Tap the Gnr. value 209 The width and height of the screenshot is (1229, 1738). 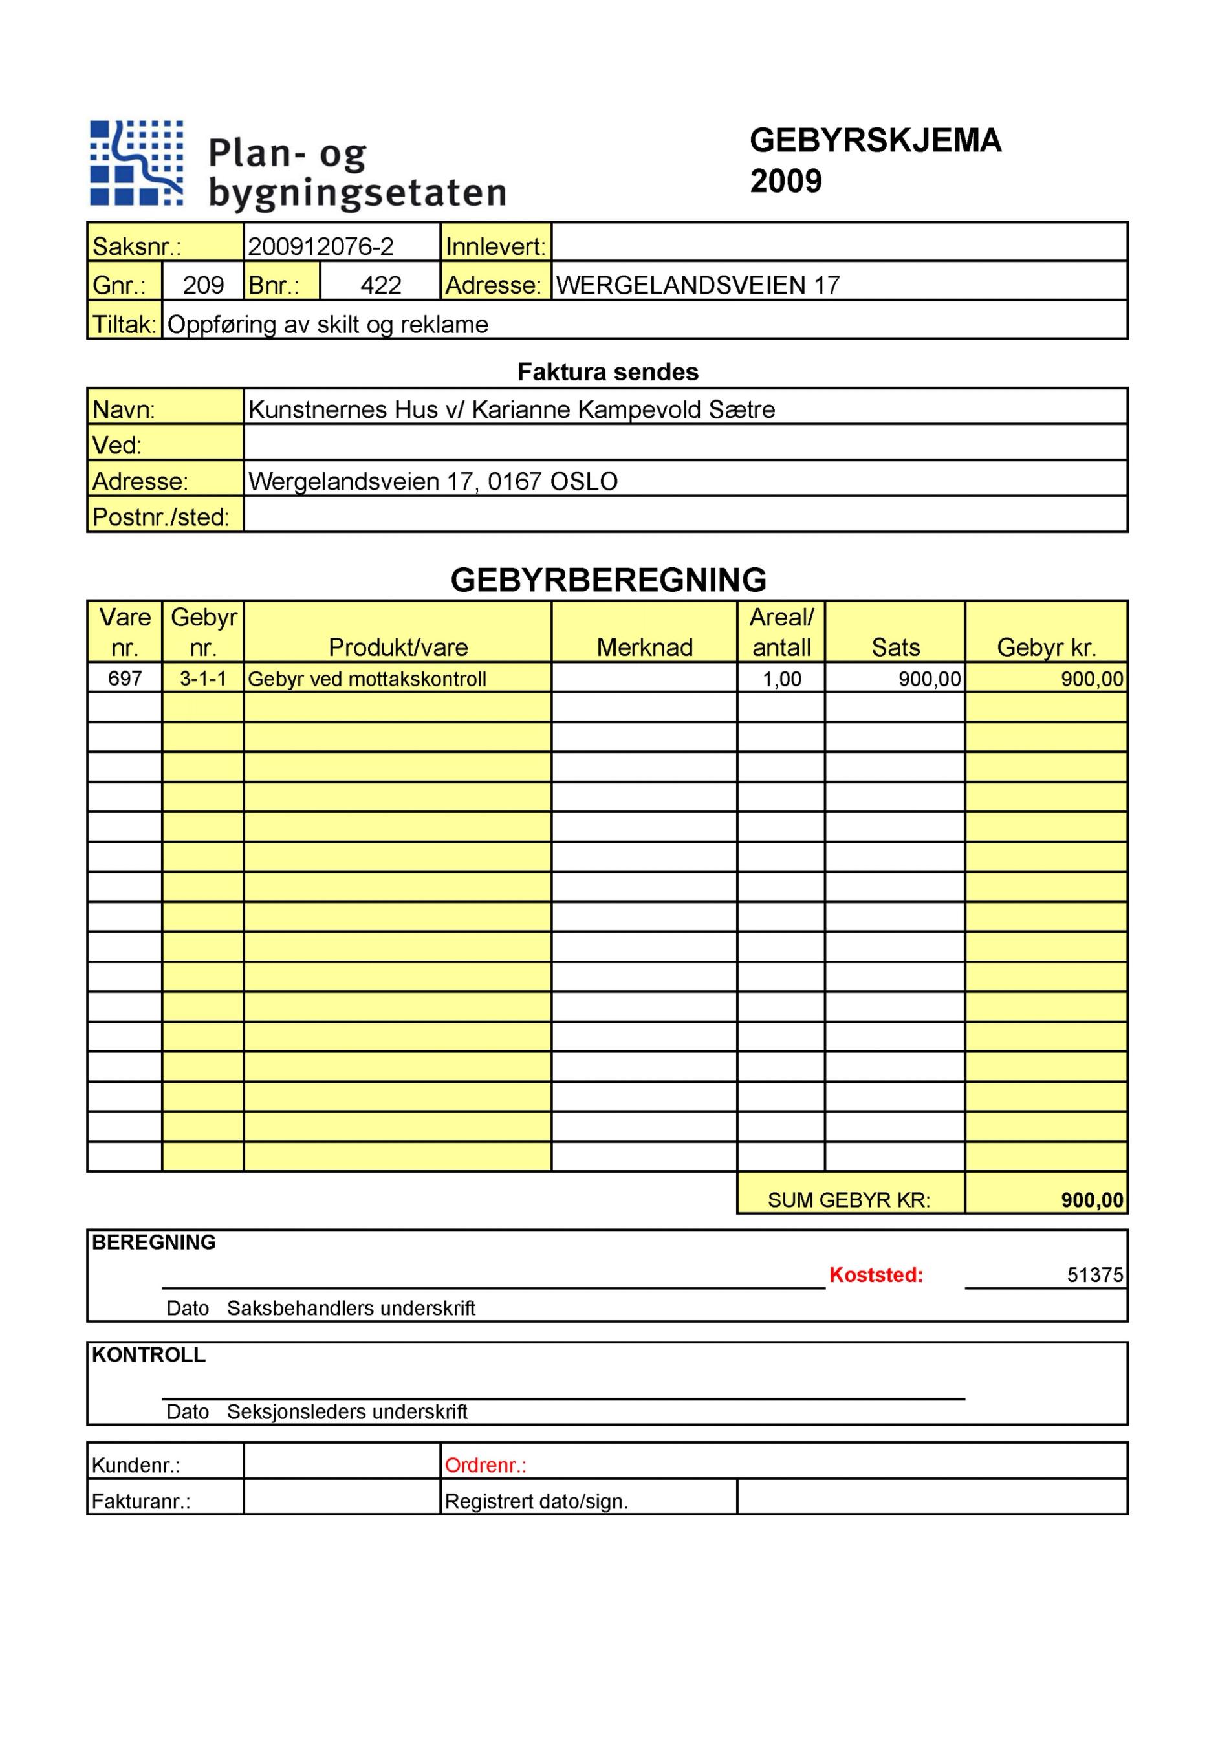(x=203, y=285)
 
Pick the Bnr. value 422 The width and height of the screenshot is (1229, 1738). (x=380, y=285)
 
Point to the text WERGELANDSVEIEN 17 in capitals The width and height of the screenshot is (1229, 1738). (x=697, y=285)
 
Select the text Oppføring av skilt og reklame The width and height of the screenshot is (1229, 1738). (x=328, y=324)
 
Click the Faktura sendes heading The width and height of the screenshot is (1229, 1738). (x=607, y=372)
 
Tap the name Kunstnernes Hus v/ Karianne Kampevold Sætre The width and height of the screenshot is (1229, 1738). (x=512, y=409)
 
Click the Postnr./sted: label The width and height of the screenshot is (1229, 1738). (x=160, y=517)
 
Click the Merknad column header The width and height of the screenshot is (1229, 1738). (x=644, y=647)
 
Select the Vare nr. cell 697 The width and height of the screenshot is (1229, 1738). (x=125, y=679)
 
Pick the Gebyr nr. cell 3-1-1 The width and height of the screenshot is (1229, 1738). (x=203, y=679)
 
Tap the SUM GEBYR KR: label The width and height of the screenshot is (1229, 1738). (x=849, y=1200)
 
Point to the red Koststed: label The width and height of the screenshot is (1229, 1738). (x=876, y=1275)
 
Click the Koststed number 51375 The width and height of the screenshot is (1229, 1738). (x=1094, y=1275)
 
